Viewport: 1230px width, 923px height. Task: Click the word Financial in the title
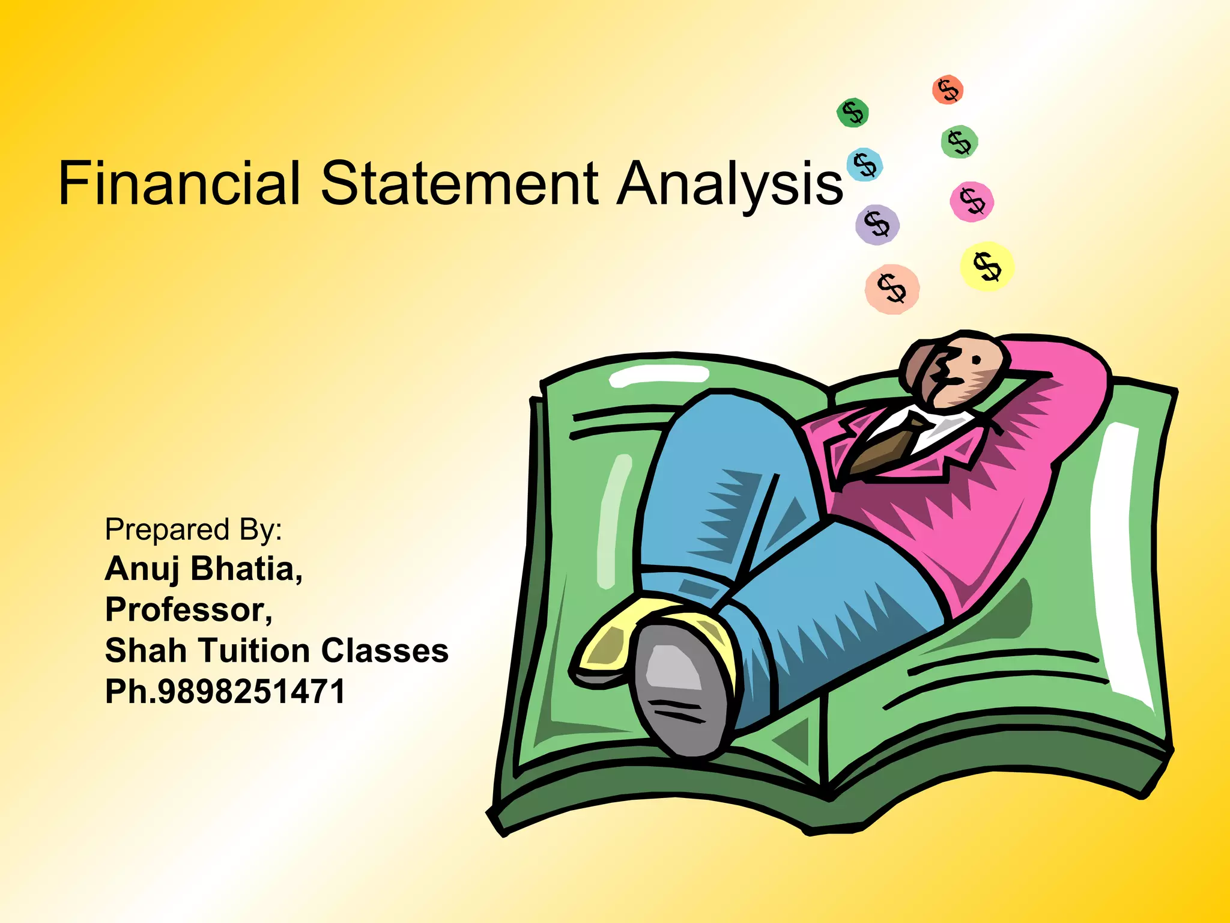[x=179, y=183]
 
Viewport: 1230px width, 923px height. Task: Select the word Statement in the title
[x=459, y=183]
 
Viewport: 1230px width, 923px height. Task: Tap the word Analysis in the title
[x=730, y=184]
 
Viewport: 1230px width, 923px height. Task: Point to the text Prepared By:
[x=193, y=530]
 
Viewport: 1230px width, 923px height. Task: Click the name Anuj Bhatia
[x=203, y=568]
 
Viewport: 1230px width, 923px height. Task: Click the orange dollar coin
[x=948, y=90]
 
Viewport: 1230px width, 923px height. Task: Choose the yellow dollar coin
[x=987, y=266]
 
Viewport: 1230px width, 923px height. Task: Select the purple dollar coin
[x=877, y=225]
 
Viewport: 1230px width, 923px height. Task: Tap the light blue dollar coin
[x=864, y=165]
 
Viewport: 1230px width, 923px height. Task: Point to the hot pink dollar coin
[x=972, y=201]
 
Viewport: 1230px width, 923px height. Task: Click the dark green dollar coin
[x=852, y=112]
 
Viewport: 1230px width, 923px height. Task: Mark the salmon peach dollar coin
[x=892, y=289]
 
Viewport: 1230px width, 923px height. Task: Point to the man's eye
[x=976, y=360]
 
